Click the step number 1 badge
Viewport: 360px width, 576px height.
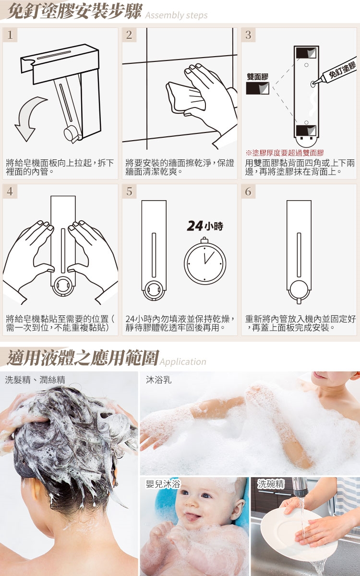(10, 35)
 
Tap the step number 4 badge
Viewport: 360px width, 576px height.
(10, 191)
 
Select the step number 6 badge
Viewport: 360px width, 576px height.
(249, 191)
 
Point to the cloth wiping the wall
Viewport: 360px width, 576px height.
(186, 97)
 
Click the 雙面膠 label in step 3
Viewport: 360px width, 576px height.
(257, 77)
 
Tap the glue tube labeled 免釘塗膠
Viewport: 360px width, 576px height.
(334, 73)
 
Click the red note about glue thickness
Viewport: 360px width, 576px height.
(284, 153)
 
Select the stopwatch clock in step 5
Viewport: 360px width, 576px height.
(205, 261)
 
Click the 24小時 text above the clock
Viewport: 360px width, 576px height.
(205, 226)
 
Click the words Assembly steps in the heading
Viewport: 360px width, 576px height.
(177, 15)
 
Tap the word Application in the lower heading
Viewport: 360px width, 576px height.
(183, 361)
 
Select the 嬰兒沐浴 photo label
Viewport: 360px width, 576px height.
(163, 484)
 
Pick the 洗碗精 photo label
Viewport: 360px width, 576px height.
(271, 484)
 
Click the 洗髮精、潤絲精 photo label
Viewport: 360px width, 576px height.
(35, 380)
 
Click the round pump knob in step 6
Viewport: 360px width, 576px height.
(299, 288)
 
